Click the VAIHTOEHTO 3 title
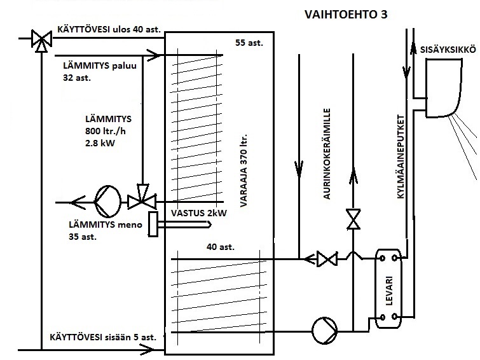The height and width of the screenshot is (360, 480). [346, 15]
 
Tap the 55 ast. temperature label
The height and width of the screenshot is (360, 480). [249, 43]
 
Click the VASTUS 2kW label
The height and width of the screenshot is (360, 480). [198, 213]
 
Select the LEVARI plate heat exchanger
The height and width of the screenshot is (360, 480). [388, 289]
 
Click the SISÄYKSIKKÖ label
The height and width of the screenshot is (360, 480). [448, 50]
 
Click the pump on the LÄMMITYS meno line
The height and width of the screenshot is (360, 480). [107, 201]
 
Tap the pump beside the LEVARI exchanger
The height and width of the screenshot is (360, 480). [324, 331]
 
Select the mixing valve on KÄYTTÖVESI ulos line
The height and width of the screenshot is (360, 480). [41, 41]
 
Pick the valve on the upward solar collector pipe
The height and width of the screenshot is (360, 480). [353, 219]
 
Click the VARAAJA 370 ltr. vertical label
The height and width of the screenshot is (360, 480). [243, 170]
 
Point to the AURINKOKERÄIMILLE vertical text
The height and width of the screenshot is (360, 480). [327, 153]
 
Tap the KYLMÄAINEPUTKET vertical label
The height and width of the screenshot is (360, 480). [401, 156]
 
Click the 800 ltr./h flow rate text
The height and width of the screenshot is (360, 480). [106, 131]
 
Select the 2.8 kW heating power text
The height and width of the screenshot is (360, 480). [100, 143]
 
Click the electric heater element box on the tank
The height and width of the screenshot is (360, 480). [153, 224]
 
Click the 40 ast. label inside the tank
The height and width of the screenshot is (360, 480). [221, 247]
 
